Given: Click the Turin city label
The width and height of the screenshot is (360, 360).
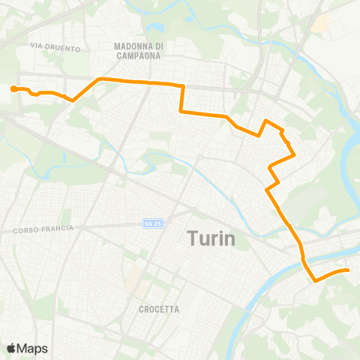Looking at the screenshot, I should pos(210,239).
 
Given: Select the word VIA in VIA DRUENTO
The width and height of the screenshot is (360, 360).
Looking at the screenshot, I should pos(36,46).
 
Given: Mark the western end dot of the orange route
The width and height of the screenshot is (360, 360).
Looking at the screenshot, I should pos(13,89).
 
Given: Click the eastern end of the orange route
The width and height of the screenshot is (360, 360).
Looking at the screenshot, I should pos(348,270).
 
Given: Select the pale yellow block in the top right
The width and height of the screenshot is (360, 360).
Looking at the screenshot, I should pos(319,24).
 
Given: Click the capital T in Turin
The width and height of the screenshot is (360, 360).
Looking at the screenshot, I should pos(191,239).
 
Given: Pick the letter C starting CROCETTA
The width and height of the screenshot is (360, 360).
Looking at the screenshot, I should pos(142,309).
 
